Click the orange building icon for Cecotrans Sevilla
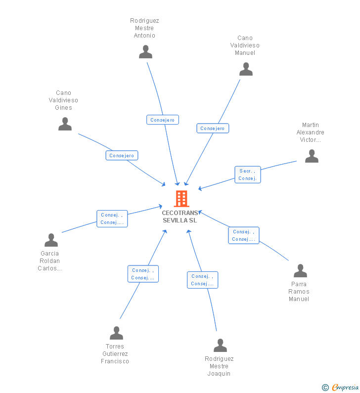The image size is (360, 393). click(x=181, y=198)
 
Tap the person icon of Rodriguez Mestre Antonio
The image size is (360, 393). click(x=145, y=52)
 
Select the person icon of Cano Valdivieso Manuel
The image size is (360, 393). click(x=246, y=69)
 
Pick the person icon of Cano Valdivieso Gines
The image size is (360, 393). click(x=65, y=124)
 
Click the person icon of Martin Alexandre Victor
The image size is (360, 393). click(x=312, y=156)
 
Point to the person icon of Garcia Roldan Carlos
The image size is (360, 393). click(x=51, y=240)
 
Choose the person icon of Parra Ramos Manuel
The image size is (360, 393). click(x=300, y=271)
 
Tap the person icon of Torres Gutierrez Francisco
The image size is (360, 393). click(x=116, y=333)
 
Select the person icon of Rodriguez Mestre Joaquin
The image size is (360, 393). click(x=220, y=346)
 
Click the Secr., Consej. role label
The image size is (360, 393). click(x=247, y=175)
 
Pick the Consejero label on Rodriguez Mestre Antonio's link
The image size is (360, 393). click(x=163, y=120)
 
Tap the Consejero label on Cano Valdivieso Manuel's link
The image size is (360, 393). click(x=213, y=129)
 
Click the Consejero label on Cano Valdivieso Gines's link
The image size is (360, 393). click(x=122, y=155)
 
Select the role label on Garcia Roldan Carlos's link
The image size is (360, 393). click(x=112, y=218)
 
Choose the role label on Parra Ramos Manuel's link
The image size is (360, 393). click(x=243, y=235)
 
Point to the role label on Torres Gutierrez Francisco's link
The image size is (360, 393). click(x=143, y=274)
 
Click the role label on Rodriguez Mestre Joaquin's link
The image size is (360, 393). click(x=202, y=280)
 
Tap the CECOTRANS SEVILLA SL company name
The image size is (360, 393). click(x=180, y=217)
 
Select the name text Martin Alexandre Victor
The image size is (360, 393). click(x=311, y=132)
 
